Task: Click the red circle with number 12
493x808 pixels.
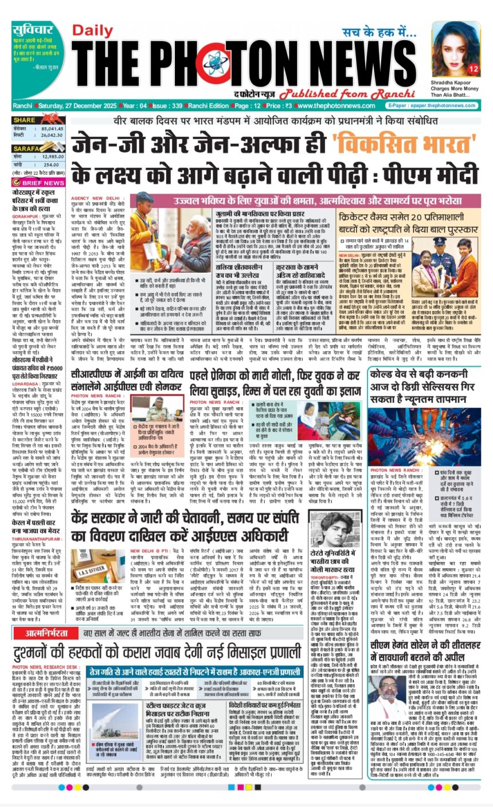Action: pyautogui.click(x=474, y=69)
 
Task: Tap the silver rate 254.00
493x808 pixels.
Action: pyautogui.click(x=53, y=164)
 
